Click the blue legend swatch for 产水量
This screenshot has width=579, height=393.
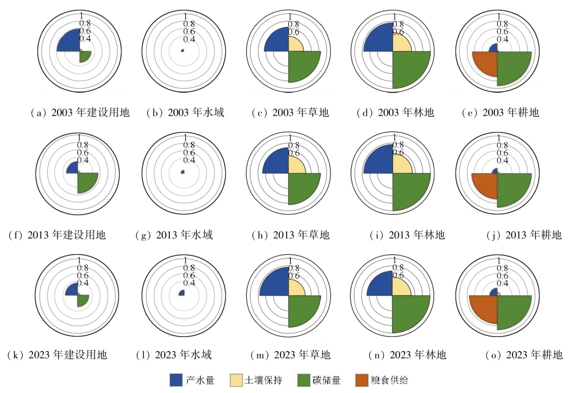[176, 380]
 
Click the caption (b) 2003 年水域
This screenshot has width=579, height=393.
[185, 112]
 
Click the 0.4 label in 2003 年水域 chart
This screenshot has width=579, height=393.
[189, 40]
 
